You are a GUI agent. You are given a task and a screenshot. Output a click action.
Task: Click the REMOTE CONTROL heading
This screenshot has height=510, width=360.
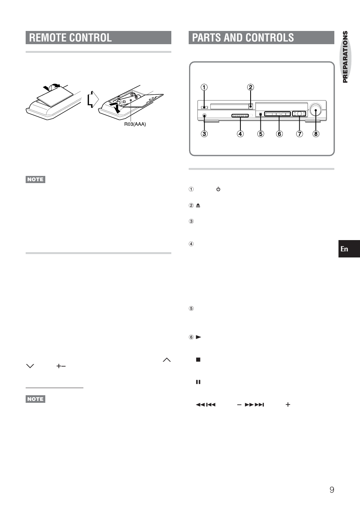click(71, 38)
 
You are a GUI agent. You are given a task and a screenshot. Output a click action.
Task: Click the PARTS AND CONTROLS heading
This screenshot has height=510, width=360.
click(243, 38)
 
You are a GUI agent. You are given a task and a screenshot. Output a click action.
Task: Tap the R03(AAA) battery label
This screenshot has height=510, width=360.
click(135, 124)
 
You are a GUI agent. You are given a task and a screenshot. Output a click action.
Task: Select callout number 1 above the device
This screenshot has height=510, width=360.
click(204, 88)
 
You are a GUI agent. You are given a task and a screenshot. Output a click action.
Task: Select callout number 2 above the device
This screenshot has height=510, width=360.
click(251, 87)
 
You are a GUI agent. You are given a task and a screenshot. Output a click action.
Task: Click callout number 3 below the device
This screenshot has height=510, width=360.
click(204, 134)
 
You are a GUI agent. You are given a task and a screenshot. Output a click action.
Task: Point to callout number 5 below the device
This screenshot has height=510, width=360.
click(261, 134)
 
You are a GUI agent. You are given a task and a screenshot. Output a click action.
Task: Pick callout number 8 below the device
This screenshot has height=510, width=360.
click(316, 134)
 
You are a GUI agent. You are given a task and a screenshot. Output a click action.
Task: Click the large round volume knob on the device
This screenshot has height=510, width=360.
click(315, 110)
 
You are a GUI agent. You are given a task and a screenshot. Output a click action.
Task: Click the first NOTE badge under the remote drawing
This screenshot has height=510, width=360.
click(35, 179)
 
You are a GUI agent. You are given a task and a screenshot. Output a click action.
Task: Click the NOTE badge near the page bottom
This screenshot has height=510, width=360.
click(35, 399)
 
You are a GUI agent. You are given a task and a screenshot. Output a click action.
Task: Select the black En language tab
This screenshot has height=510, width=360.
click(349, 249)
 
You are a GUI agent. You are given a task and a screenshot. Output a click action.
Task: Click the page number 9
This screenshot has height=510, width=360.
click(332, 490)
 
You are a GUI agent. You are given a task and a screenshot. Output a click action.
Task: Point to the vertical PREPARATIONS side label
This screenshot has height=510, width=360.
click(345, 57)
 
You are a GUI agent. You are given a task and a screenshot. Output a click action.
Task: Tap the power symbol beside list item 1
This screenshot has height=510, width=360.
click(218, 189)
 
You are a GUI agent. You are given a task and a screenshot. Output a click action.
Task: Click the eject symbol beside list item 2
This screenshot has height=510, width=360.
click(198, 205)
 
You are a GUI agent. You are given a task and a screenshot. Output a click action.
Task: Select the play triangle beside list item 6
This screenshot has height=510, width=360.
click(198, 337)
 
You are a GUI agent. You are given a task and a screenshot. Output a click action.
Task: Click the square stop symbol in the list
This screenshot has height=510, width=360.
click(198, 360)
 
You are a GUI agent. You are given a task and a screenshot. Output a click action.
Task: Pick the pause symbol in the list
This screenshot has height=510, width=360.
click(198, 382)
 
